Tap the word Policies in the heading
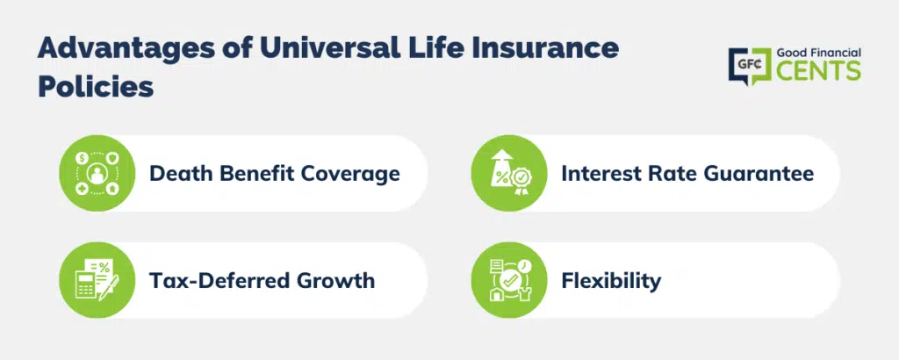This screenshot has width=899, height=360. click(x=96, y=87)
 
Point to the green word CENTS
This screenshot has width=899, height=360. click(x=818, y=70)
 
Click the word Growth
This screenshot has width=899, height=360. click(x=335, y=280)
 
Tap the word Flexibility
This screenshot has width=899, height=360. click(x=611, y=280)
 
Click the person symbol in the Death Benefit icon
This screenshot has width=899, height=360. click(x=97, y=173)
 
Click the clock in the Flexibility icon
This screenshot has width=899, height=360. click(x=524, y=265)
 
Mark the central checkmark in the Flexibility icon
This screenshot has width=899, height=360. click(x=509, y=281)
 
